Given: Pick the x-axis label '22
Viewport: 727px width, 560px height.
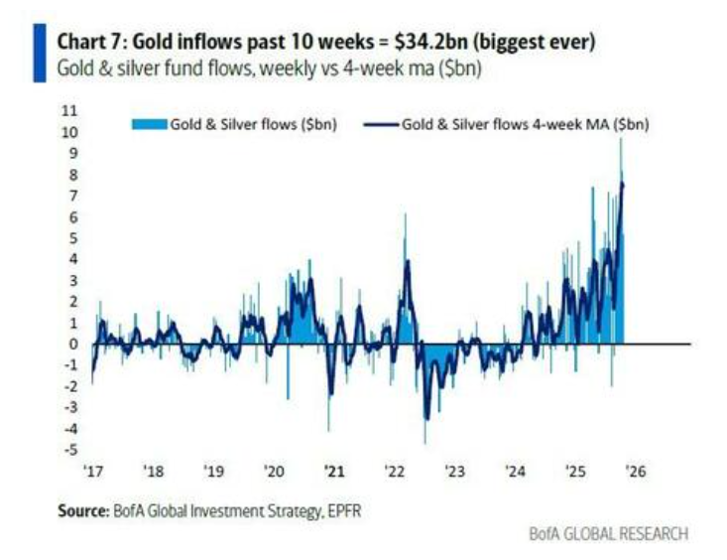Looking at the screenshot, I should pyautogui.click(x=394, y=472).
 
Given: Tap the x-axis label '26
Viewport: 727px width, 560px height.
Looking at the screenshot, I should pyautogui.click(x=635, y=472).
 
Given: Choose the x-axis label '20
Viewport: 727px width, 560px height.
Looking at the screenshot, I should pyautogui.click(x=275, y=472).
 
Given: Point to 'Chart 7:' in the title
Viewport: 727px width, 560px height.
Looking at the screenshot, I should pyautogui.click(x=93, y=43).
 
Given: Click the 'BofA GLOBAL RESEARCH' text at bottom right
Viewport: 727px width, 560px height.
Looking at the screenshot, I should pyautogui.click(x=607, y=534).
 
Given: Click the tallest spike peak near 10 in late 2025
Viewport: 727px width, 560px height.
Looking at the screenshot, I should pyautogui.click(x=621, y=141).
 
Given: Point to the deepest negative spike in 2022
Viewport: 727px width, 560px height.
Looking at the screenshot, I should pyautogui.click(x=424, y=442).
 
